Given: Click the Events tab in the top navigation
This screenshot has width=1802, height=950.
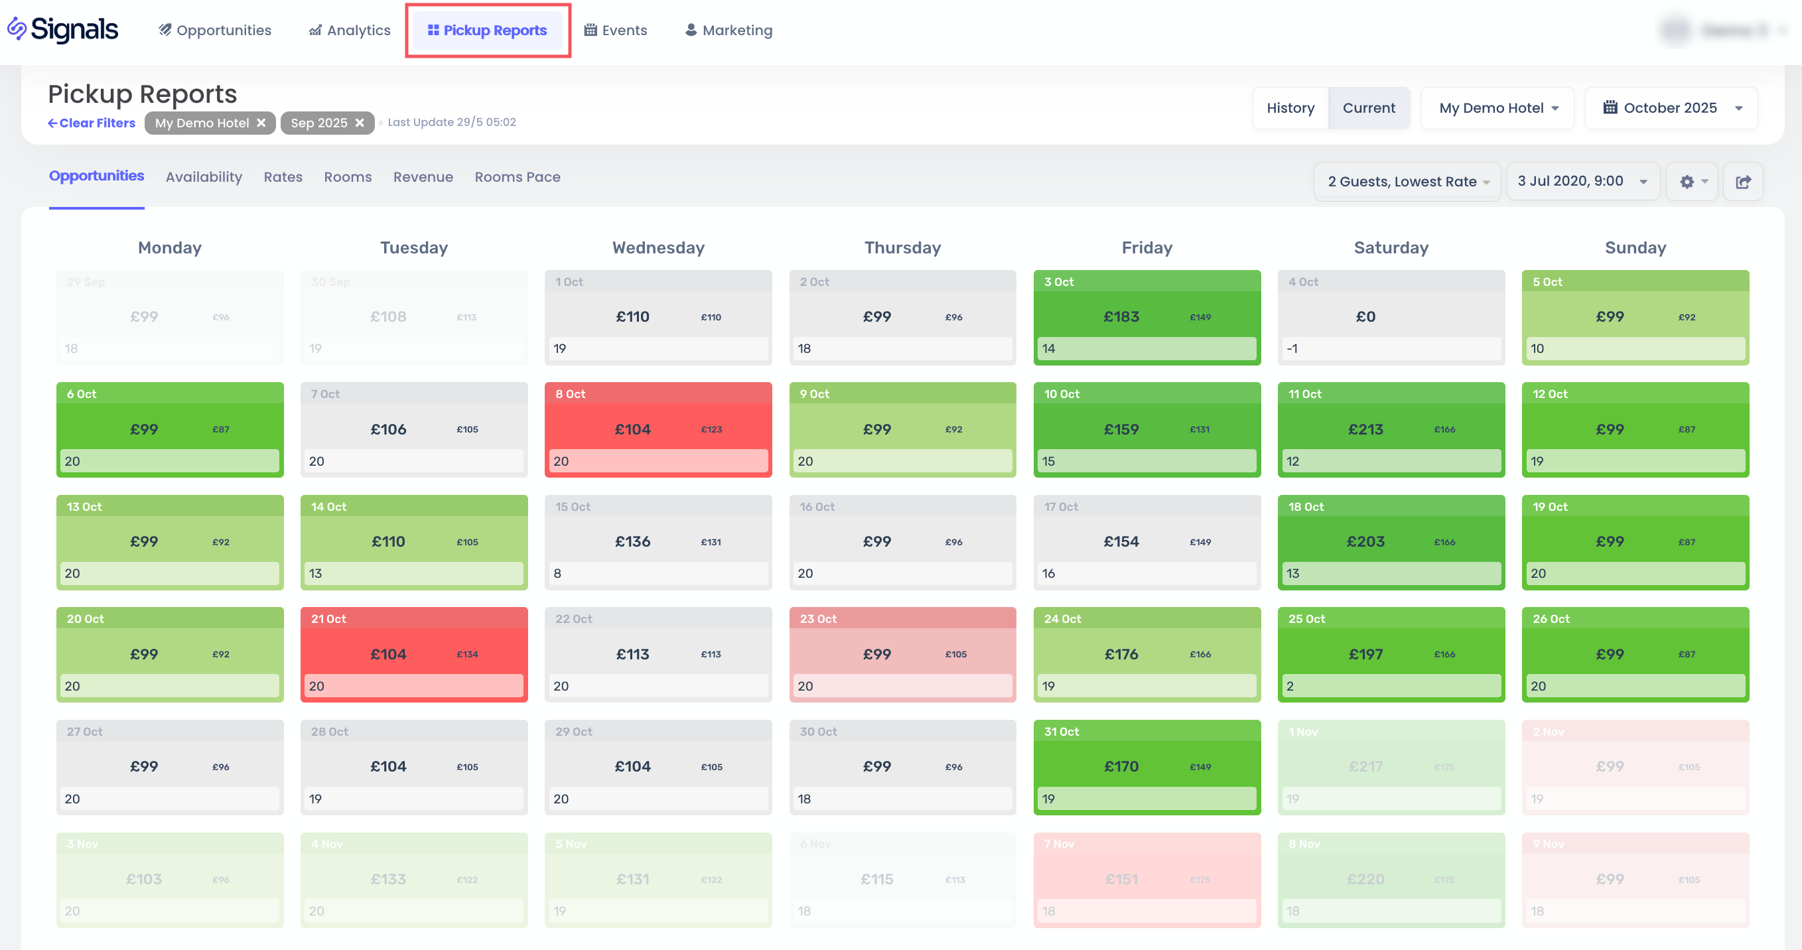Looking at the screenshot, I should click(x=616, y=30).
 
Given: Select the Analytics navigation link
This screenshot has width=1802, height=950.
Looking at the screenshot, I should click(x=350, y=30).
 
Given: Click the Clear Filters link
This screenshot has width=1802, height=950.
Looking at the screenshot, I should click(x=92, y=123).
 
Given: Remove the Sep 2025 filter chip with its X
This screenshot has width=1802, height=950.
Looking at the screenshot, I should click(x=360, y=123).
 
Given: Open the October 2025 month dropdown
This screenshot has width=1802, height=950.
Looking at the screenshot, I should click(x=1671, y=107).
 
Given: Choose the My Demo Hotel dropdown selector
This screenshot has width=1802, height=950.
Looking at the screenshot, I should click(x=1497, y=107).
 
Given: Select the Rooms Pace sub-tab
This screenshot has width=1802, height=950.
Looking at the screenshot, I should click(x=517, y=177).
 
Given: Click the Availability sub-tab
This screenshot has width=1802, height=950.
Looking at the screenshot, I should click(x=204, y=177).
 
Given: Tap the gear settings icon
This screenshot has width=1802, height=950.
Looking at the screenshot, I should click(x=1687, y=182).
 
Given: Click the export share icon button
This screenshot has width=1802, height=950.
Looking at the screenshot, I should click(x=1742, y=182).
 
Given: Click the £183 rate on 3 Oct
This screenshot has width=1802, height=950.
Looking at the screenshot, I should click(x=1121, y=317).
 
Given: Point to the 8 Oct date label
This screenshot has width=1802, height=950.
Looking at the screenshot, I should click(x=570, y=394).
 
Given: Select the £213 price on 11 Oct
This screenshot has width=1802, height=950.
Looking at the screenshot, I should click(x=1365, y=429).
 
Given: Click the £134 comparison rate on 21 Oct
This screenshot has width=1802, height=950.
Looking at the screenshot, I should click(x=467, y=655).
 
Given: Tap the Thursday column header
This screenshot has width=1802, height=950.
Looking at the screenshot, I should click(x=902, y=247).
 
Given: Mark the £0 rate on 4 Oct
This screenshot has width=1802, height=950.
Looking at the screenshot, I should click(x=1365, y=317).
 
